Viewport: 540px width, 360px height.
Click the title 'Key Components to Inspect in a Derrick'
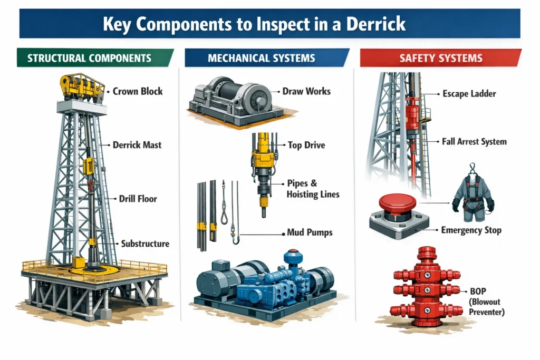pyautogui.click(x=269, y=24)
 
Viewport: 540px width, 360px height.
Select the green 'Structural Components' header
pyautogui.click(x=89, y=58)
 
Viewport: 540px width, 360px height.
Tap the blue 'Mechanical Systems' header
pyautogui.click(x=262, y=58)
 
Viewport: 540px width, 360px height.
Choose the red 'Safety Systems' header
pyautogui.click(x=440, y=58)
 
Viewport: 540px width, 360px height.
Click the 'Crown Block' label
pyautogui.click(x=138, y=91)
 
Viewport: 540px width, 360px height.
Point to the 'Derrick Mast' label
pyautogui.click(x=137, y=144)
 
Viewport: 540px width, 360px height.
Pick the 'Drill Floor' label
pyautogui.click(x=139, y=199)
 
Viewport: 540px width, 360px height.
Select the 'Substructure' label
pyautogui.click(x=145, y=244)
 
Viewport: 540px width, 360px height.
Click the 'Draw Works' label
pyautogui.click(x=306, y=91)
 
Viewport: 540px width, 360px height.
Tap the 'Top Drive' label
pyautogui.click(x=306, y=145)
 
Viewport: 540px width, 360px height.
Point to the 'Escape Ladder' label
pyautogui.click(x=468, y=94)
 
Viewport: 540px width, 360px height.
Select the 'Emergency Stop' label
pyautogui.click(x=471, y=230)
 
